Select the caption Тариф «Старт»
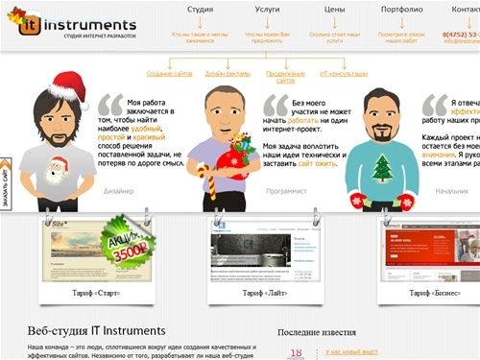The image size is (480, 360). (x=95, y=291)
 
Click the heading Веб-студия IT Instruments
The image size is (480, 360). (x=96, y=330)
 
